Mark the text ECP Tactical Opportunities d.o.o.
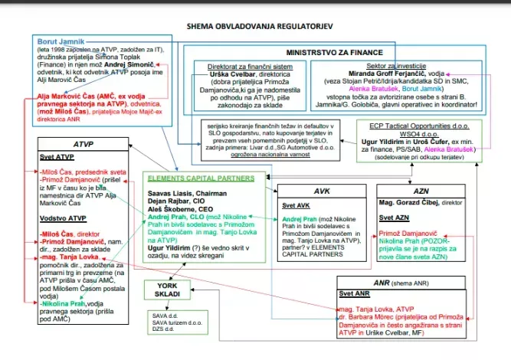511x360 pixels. click(x=416, y=124)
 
